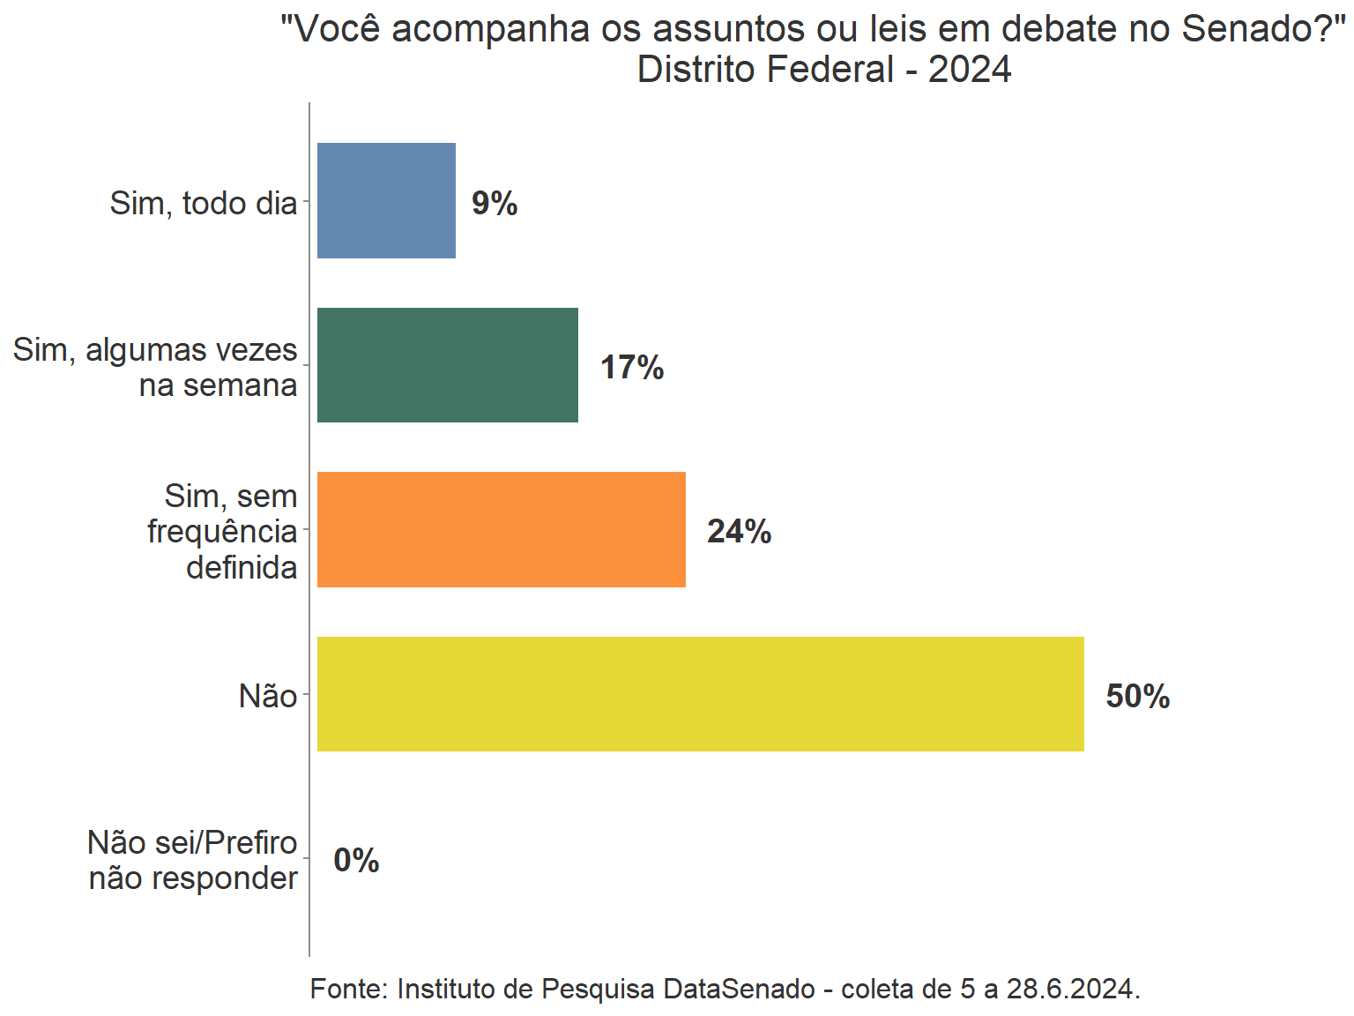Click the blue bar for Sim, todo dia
coord(386,200)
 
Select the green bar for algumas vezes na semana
coord(447,365)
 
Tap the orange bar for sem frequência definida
coord(501,529)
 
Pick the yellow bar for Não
coord(700,694)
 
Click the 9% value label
coord(495,204)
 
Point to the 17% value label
coord(632,368)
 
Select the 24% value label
coord(739,532)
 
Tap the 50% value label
coord(1138,697)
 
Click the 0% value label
coord(356,861)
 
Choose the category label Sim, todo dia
coord(204,204)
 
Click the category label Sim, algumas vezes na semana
coord(155,368)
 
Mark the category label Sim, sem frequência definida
coord(222,532)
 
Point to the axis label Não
coord(268,697)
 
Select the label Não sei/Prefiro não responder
coord(193,861)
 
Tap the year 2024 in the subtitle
coord(970,70)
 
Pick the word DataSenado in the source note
coord(739,990)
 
